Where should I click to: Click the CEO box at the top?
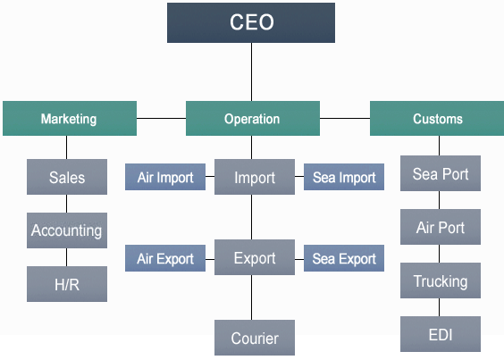(251, 23)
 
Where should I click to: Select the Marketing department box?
(70, 118)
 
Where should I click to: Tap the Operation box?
(253, 118)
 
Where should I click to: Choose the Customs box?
(437, 118)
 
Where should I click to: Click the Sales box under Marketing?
(67, 177)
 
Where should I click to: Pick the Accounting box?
(67, 230)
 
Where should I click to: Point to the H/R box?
(67, 284)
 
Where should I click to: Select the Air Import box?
(165, 177)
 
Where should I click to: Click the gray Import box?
(255, 177)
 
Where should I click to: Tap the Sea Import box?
(344, 177)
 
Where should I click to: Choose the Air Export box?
(165, 258)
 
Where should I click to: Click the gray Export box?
(255, 257)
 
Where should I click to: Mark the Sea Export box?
(344, 258)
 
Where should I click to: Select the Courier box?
(255, 338)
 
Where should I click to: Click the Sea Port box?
(441, 173)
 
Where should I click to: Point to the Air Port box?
(441, 227)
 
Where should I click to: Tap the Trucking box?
(441, 280)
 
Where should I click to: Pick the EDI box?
(441, 334)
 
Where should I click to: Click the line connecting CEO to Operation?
(251, 72)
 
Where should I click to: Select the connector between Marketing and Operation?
(162, 118)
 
